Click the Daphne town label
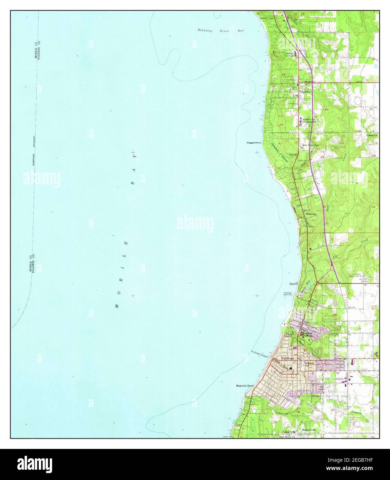point(305,93)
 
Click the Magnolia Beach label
point(245,386)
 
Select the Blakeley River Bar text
point(221,31)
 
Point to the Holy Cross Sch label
point(310,145)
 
